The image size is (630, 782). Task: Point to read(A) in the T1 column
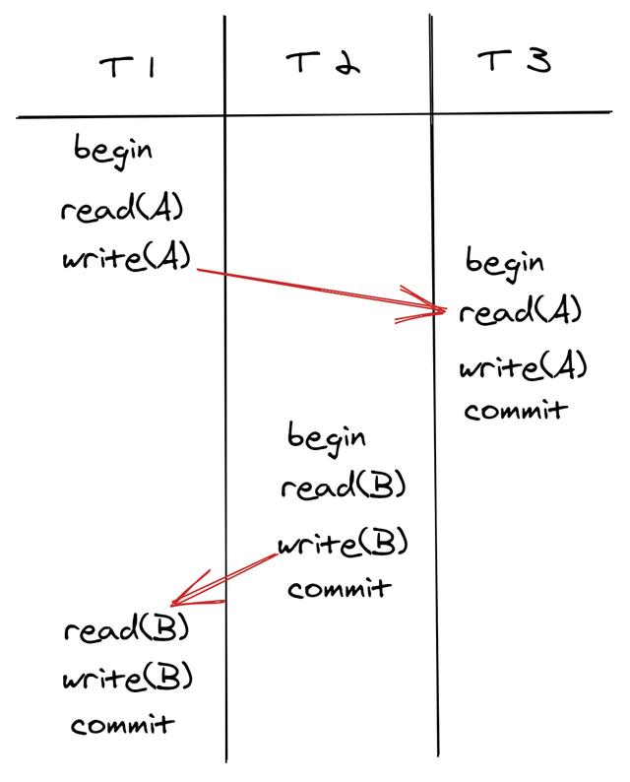pos(122,210)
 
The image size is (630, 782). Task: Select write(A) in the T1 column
pos(125,260)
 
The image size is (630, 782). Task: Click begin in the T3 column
pos(504,263)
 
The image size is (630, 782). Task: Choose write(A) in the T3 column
pos(523,367)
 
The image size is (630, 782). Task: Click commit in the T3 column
pos(516,410)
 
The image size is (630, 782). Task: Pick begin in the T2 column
pos(327,436)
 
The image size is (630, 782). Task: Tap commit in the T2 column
pos(339,589)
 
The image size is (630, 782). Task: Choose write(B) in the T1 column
pos(127,679)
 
